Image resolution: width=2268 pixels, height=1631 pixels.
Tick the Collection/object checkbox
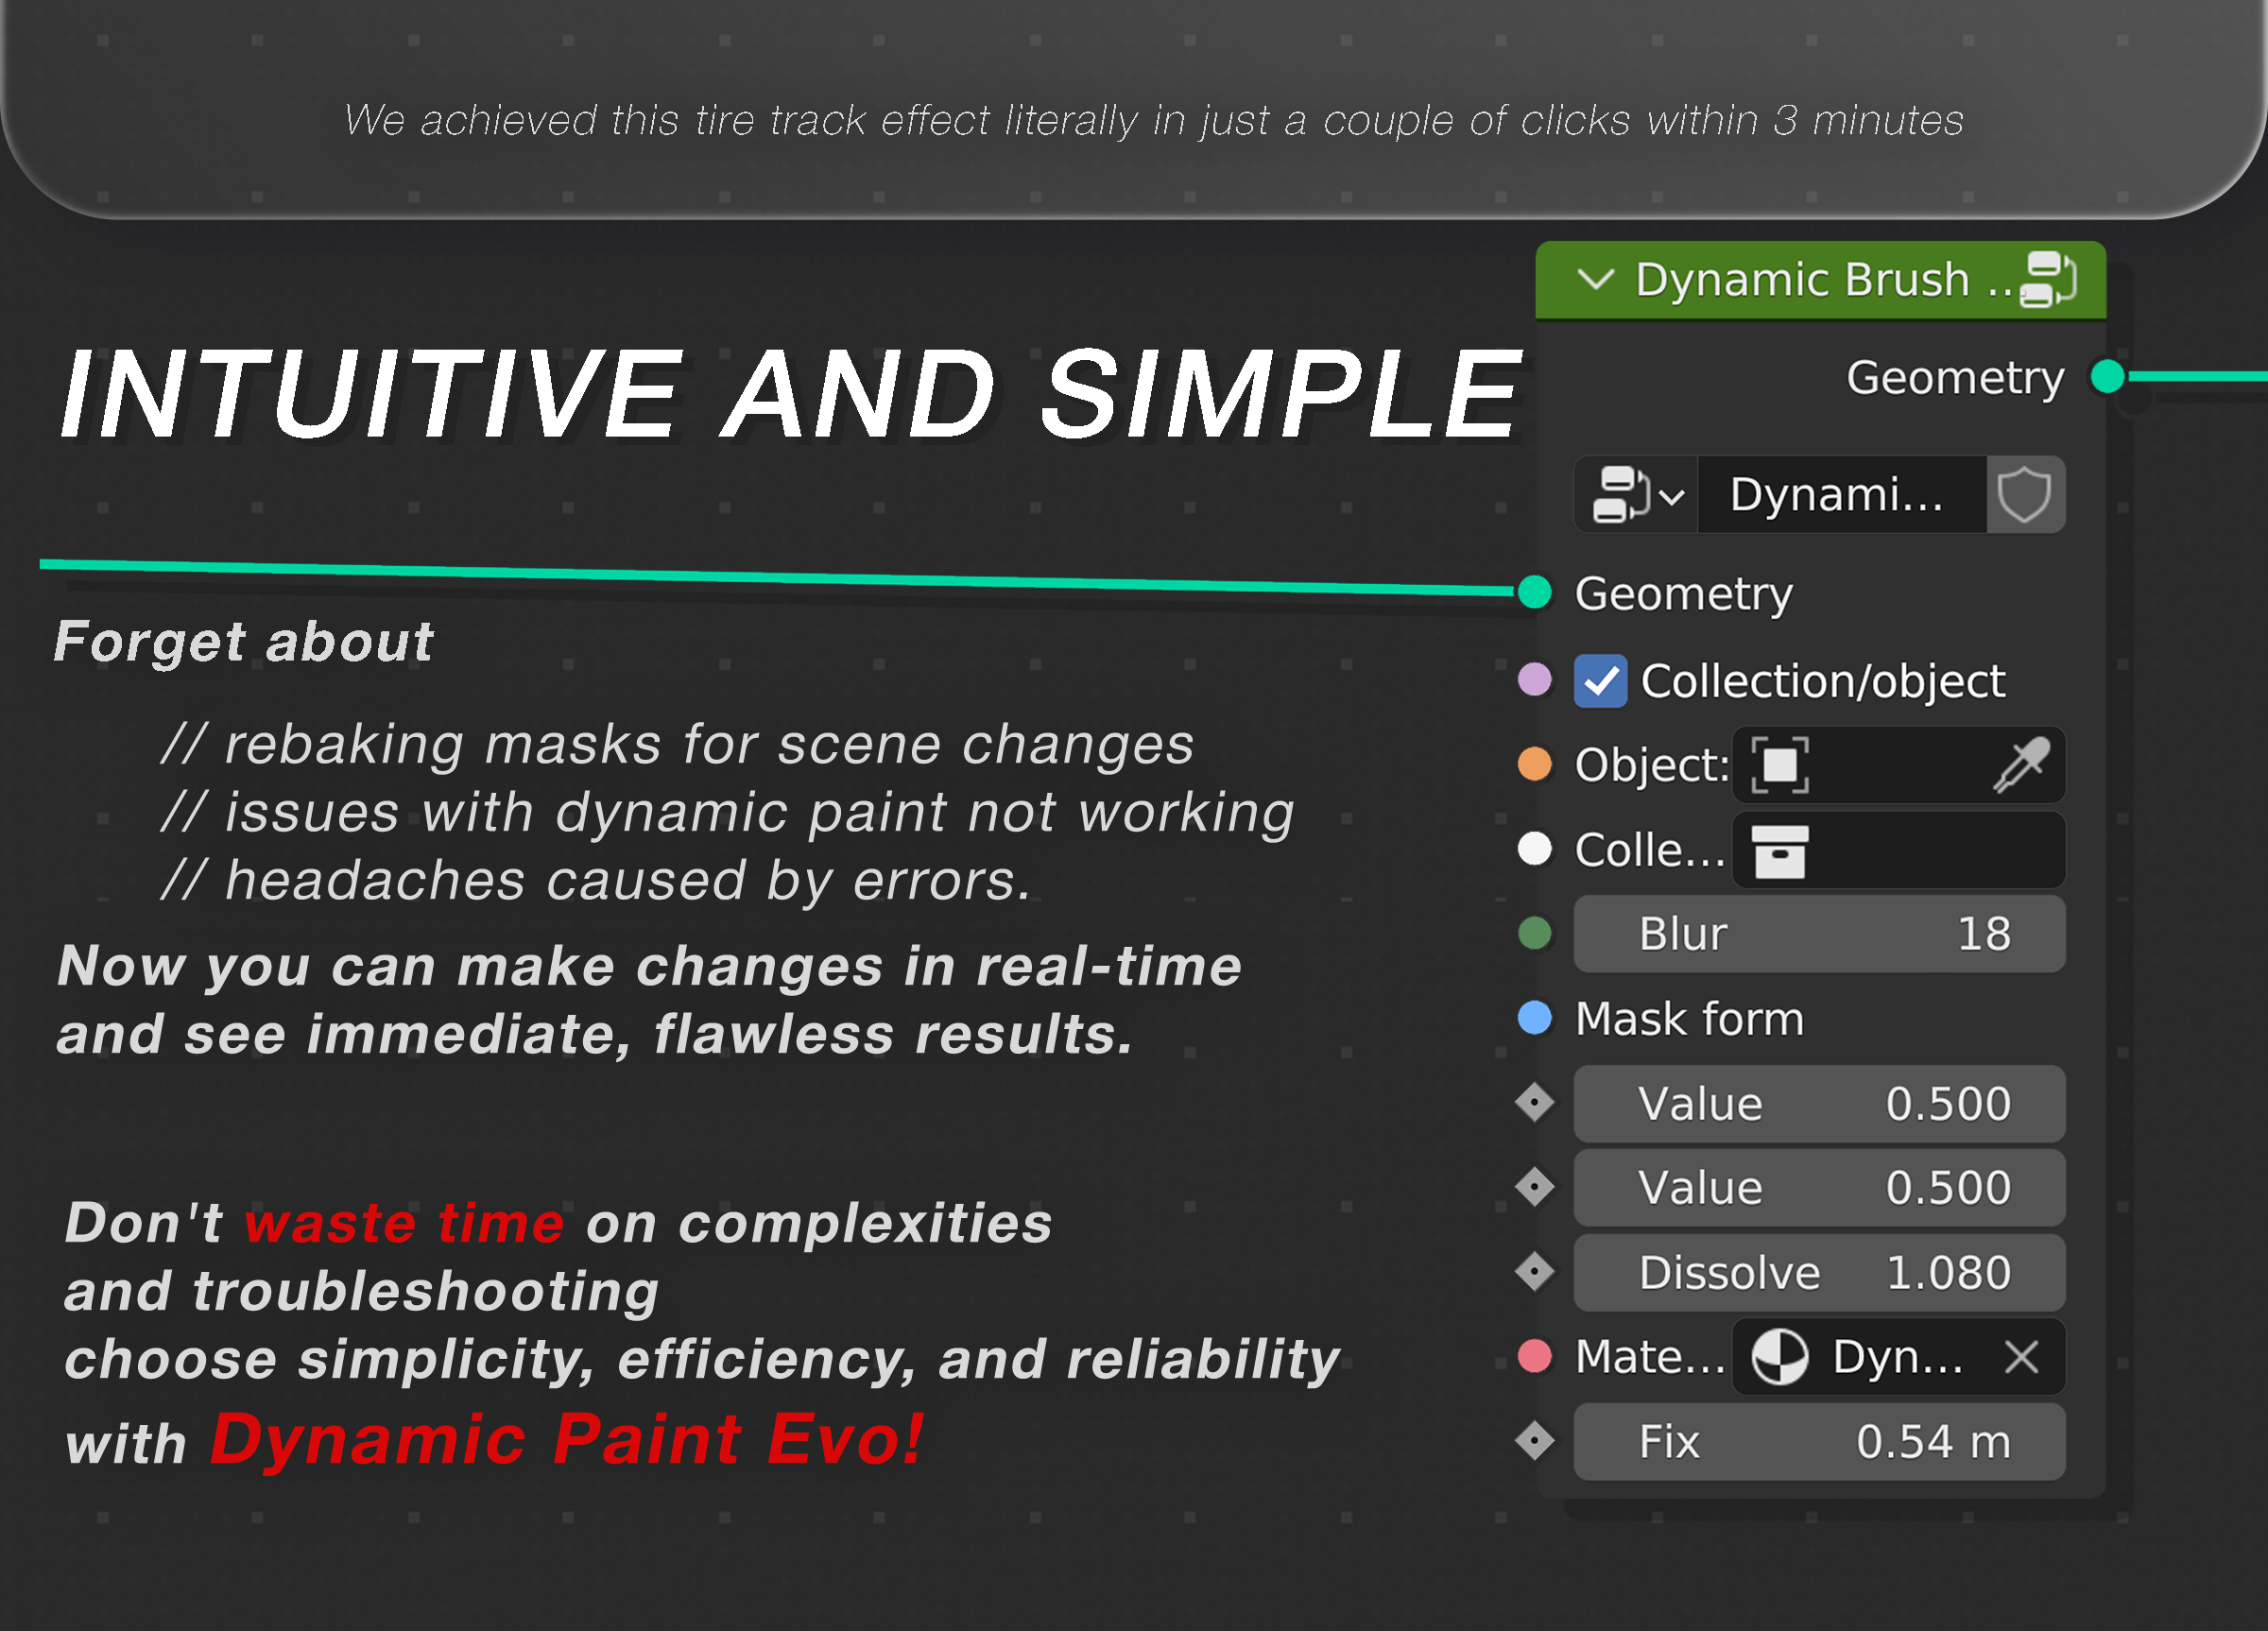[x=1600, y=681]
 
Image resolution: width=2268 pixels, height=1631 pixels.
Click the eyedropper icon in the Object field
[x=2021, y=765]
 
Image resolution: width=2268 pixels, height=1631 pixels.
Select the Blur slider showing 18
[x=1818, y=934]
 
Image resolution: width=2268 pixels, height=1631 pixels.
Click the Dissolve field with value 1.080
[x=1818, y=1273]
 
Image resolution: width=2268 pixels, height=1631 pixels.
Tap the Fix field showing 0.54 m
[x=1818, y=1442]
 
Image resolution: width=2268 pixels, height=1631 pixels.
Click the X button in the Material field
[x=2021, y=1357]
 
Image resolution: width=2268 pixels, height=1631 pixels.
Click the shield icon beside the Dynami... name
[x=2024, y=495]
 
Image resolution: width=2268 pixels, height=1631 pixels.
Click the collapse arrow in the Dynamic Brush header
[x=1595, y=279]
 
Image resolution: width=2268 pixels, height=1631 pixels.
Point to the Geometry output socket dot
[x=2107, y=377]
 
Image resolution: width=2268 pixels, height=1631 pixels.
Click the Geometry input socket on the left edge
[x=1534, y=592]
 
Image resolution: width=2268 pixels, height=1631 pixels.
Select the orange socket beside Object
[x=1534, y=764]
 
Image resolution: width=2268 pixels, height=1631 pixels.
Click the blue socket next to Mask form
[x=1534, y=1018]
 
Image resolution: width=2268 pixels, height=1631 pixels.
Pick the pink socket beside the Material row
[x=1534, y=1356]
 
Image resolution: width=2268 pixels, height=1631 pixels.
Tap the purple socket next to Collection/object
[x=1534, y=680]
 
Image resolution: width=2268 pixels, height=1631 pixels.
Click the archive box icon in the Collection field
[x=1779, y=851]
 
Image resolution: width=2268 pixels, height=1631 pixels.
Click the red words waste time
[x=404, y=1223]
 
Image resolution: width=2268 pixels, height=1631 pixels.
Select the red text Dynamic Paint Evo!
[x=566, y=1440]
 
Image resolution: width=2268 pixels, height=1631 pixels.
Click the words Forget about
[x=244, y=641]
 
